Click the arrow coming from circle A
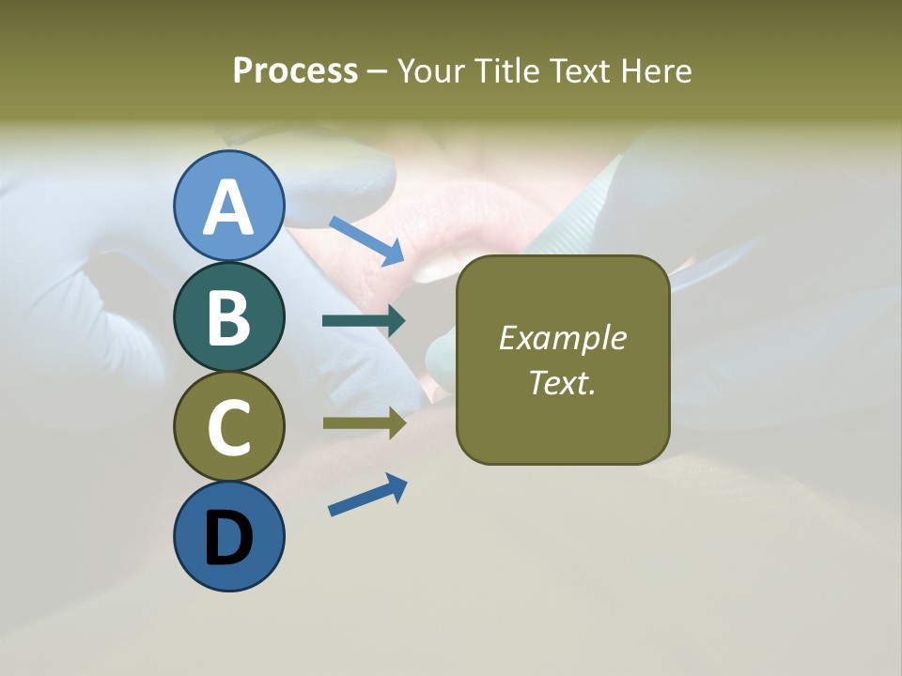tap(367, 240)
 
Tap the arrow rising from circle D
tap(367, 495)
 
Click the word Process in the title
tap(295, 71)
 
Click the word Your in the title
tap(432, 71)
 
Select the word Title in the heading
tap(506, 71)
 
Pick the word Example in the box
tap(562, 338)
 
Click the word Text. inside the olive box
tap(562, 382)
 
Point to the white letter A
tap(228, 207)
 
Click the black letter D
tap(228, 539)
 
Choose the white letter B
tap(228, 318)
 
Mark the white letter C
tap(228, 428)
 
